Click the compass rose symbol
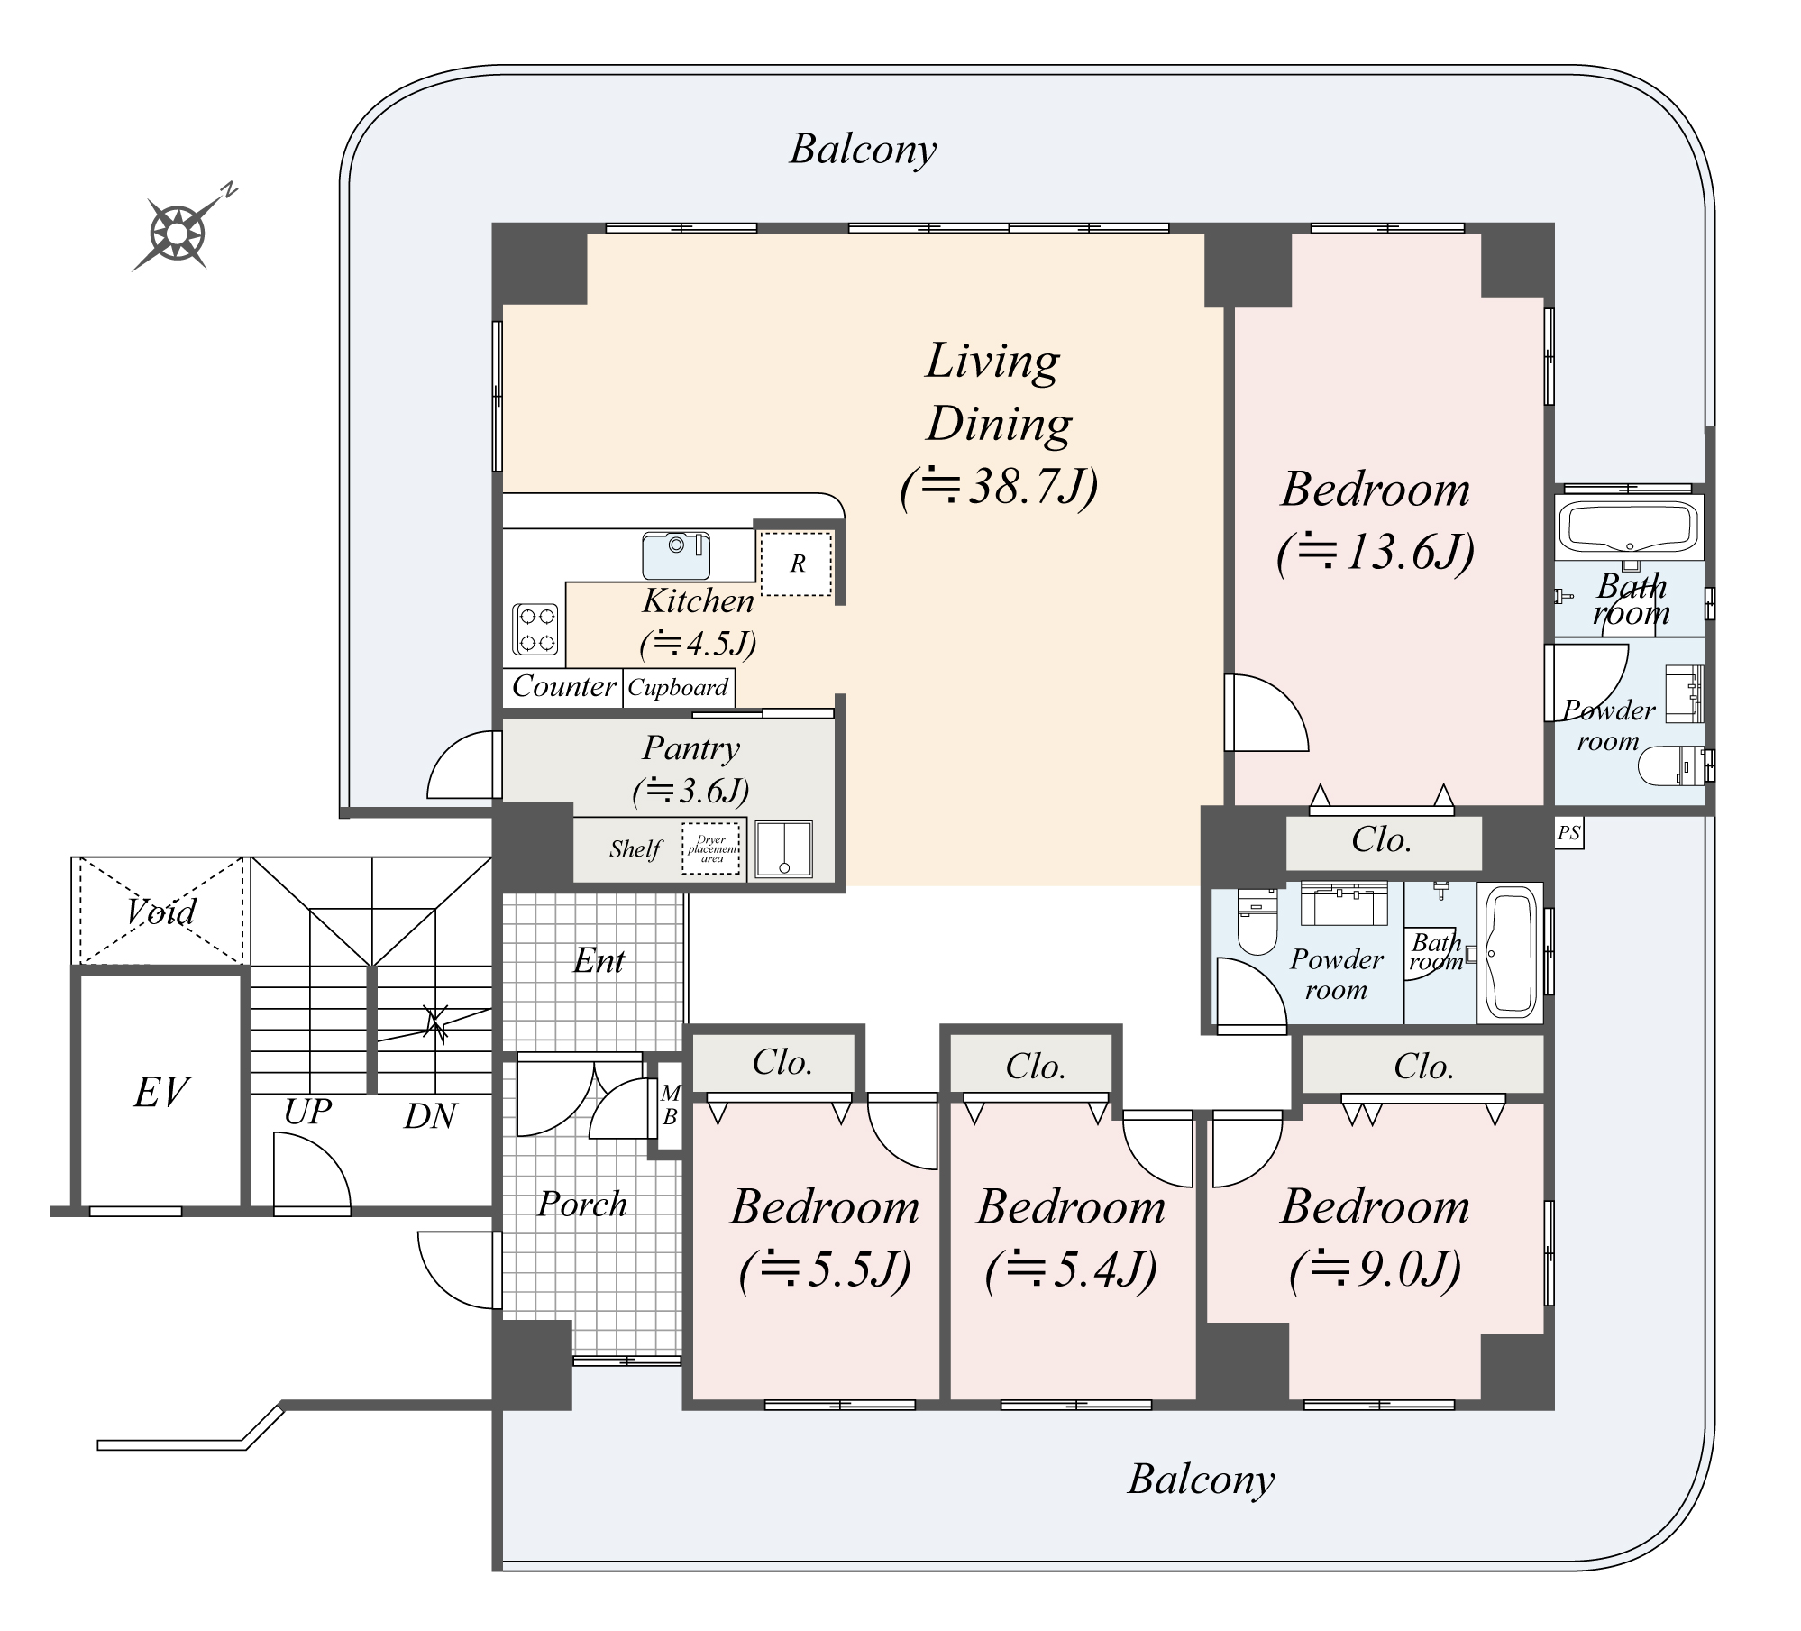177,234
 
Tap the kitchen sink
676,555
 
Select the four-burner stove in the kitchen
536,629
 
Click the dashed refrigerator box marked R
796,564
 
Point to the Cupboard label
678,688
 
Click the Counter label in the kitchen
563,686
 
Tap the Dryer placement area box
711,848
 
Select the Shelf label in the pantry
635,849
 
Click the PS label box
1568,834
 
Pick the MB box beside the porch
670,1105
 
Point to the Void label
160,912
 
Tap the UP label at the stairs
307,1113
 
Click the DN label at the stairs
430,1117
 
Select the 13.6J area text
1376,551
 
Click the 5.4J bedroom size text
1071,1270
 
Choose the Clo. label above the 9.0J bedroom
1422,1067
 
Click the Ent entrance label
599,961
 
